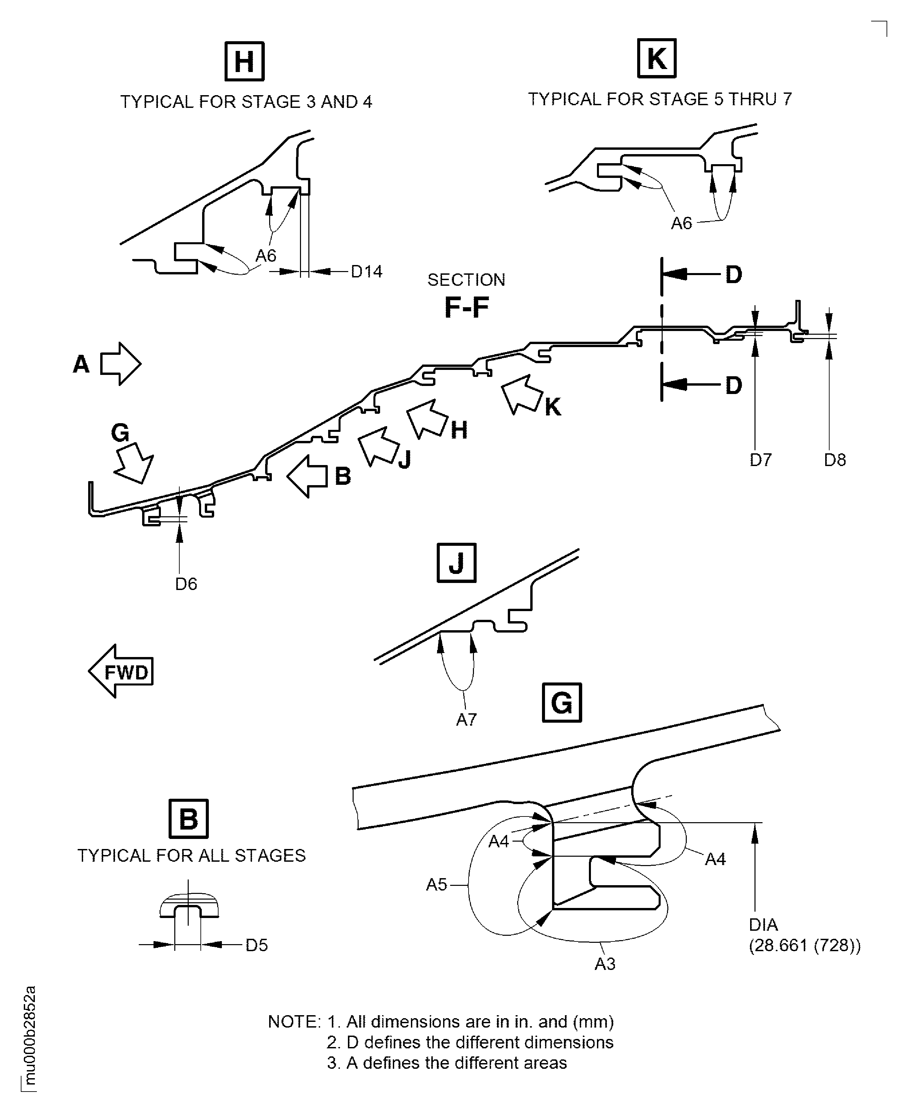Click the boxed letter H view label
point(244,62)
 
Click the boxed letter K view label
point(657,58)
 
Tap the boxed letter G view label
point(562,703)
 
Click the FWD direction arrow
point(121,671)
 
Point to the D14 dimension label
point(366,271)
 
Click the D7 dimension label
point(761,460)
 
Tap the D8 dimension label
point(835,460)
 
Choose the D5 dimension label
point(257,945)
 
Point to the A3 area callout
point(605,964)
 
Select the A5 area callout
point(437,885)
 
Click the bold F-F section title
point(467,307)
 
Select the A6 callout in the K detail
point(681,223)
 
